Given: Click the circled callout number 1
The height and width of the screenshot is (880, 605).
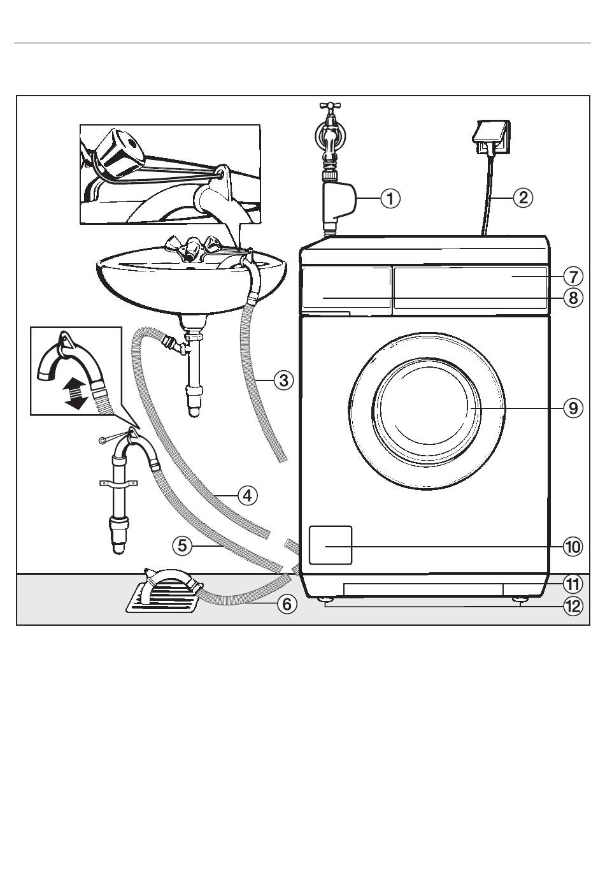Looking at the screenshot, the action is click(x=390, y=198).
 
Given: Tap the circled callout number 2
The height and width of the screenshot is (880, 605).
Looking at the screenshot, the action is click(x=523, y=197).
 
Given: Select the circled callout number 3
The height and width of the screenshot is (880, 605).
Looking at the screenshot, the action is click(x=283, y=380).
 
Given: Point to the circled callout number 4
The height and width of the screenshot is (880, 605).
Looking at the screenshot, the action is click(x=247, y=495).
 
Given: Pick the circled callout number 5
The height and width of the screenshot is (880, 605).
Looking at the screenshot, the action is click(x=183, y=545).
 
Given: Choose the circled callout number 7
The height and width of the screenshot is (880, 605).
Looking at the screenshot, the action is click(x=573, y=276).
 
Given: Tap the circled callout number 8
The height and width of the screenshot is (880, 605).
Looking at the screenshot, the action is click(x=573, y=298).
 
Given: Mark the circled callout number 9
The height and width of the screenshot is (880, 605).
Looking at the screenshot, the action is click(x=573, y=408).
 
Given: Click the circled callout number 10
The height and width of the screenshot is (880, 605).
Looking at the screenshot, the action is click(x=573, y=547).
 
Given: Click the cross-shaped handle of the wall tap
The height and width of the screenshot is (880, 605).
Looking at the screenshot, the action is click(x=330, y=106).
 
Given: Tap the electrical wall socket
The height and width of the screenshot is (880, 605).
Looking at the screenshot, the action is click(x=491, y=137).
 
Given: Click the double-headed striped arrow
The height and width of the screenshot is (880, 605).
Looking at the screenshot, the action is click(x=76, y=393).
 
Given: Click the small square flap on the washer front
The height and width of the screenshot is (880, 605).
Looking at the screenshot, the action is click(x=330, y=545).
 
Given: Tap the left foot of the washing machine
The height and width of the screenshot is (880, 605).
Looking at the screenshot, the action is click(x=326, y=600).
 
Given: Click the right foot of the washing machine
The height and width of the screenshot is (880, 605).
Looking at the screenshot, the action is click(x=520, y=600).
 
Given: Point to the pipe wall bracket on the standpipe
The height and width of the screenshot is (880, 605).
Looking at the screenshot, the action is click(x=118, y=484).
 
